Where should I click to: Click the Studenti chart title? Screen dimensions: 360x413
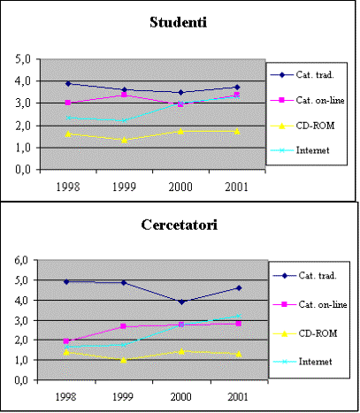coord(179,22)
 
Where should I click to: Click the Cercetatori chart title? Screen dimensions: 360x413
coord(180,225)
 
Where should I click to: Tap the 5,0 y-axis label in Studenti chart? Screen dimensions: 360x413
coord(23,59)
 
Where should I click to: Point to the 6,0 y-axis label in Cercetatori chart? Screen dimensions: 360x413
coord(21,260)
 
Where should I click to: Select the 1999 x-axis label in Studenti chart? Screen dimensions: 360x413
coord(124,187)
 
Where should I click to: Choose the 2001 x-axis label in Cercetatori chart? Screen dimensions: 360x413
coord(238,396)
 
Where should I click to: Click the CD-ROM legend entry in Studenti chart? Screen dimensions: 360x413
coord(303,126)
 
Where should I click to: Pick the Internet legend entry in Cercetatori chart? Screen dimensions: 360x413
coord(303,362)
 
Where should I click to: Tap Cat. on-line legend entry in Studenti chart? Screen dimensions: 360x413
coord(307,100)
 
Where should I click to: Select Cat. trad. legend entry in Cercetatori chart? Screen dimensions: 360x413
coord(305,276)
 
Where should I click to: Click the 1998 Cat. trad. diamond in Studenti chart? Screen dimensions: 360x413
coord(68,84)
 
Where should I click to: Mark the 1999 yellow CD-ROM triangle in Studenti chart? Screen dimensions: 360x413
coord(125,140)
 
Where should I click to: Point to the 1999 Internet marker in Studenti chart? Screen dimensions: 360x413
coord(125,120)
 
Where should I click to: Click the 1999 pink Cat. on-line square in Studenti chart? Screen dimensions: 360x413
coord(124,95)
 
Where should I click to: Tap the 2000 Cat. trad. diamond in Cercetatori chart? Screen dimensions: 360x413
coord(181,302)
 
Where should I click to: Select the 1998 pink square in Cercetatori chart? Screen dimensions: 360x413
coord(66,341)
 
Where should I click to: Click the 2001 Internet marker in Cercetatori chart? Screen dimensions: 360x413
coord(239,317)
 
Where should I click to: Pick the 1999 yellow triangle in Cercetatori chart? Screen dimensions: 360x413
coord(124,360)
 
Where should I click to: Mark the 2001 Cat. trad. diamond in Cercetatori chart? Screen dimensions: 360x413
coord(239,288)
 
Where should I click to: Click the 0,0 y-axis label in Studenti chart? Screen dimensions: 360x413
coord(23,170)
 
